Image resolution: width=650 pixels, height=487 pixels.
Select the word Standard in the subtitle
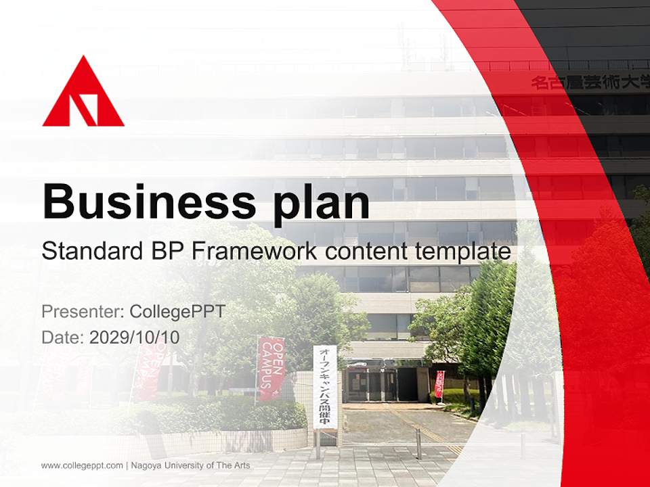89,252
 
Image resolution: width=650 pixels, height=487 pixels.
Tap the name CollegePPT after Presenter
177,312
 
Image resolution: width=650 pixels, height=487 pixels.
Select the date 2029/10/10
135,338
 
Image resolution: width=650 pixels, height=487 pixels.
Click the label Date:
63,338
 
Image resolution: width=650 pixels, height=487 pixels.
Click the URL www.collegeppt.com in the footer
82,465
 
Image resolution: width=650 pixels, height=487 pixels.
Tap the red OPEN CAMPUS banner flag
271,369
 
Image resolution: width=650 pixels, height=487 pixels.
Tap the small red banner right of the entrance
439,384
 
